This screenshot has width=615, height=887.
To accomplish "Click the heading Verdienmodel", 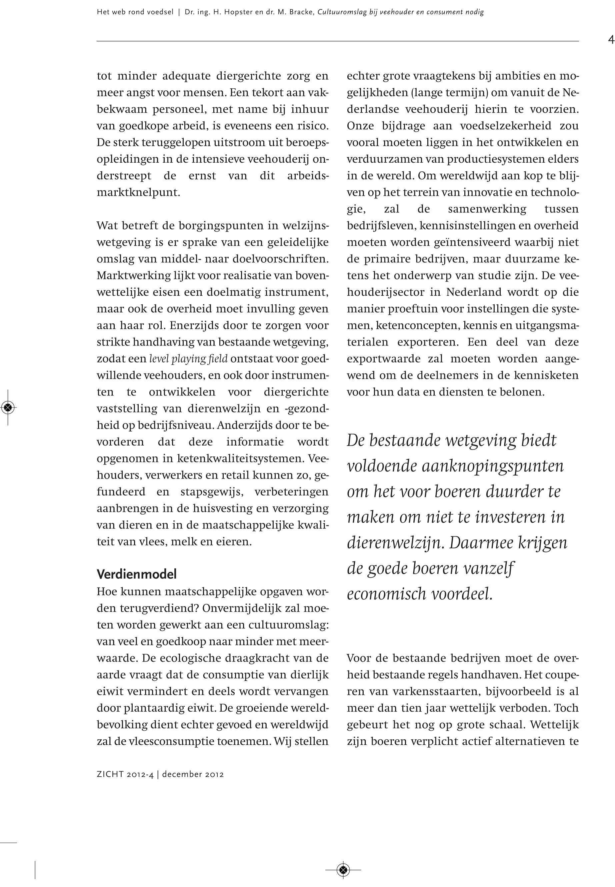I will (136, 574).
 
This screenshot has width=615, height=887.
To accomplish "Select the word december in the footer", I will (182, 774).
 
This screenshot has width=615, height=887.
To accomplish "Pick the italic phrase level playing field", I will (188, 359).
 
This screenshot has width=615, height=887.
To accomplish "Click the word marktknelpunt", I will (138, 192).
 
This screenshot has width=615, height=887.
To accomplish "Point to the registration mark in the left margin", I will (8, 407).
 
